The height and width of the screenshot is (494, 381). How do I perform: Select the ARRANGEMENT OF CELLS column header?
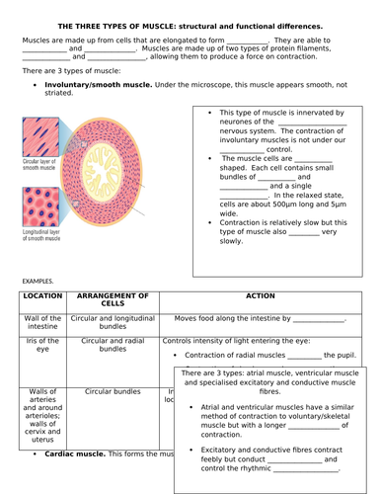click(x=113, y=300)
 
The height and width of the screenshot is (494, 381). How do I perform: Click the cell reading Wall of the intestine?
click(x=42, y=324)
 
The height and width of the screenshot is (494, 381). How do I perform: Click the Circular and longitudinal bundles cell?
click(x=113, y=324)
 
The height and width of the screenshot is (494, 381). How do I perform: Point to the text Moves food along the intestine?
click(x=233, y=319)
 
